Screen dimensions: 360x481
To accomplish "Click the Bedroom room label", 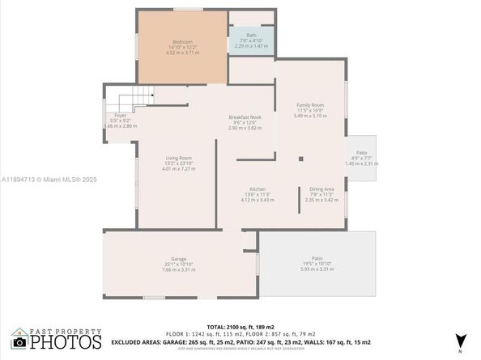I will point(181,41).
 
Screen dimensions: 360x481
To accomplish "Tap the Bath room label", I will point(251,36).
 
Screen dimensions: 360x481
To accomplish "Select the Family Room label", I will point(310,105).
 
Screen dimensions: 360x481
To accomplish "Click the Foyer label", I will point(120,116).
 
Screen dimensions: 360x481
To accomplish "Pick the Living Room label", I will point(179,158).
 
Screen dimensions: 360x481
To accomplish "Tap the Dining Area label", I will point(322,188).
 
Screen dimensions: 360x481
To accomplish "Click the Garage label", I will point(178,259).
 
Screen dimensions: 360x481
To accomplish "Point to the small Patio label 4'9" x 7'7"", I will point(361,152).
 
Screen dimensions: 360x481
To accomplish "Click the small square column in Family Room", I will point(300,159).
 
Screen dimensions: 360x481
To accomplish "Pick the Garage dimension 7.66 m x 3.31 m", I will point(178,269).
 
